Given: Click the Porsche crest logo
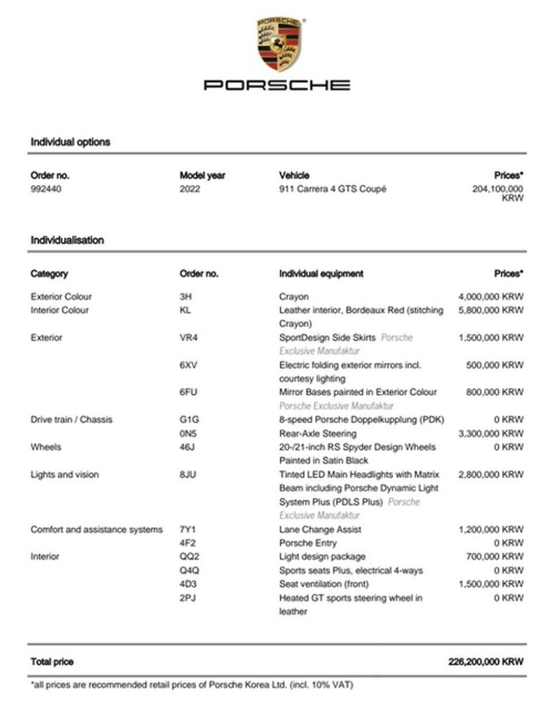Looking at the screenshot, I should pos(277,44).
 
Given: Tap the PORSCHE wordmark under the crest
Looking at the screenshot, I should pos(277,85).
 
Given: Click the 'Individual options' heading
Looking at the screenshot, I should pos(70,142).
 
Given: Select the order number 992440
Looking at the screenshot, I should pos(46,189).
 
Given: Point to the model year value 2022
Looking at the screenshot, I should pos(190,189).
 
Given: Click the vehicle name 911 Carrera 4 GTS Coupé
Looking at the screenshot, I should pos(333,189).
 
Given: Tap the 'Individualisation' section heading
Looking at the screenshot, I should pos(67,240).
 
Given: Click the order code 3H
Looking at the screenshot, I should pos(185,297).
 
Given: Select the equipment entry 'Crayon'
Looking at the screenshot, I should pos(293,297).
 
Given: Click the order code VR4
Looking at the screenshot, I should pos(188,337).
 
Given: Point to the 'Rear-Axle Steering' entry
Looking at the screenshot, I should pos(318,433).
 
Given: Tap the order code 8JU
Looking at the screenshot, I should pos(188,475).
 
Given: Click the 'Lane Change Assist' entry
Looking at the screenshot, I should pos(320,529).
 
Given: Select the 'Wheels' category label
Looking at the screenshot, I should pos(46,447).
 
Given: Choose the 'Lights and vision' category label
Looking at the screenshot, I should pos(65,475).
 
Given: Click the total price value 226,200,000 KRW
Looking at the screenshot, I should pos(486,662).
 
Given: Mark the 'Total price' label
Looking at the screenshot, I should pos(52,662).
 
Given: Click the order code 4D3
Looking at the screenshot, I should pos(188,584).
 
